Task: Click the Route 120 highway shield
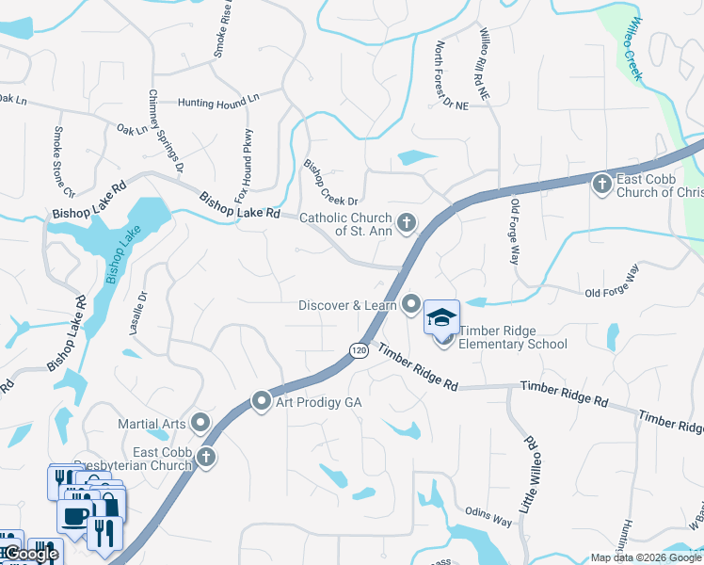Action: (x=358, y=349)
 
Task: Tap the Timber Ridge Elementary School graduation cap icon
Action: (x=441, y=318)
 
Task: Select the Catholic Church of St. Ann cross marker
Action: (x=406, y=223)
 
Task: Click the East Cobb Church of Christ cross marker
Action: (x=602, y=184)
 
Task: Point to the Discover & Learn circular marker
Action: (x=411, y=304)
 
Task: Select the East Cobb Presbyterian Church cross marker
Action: (x=205, y=458)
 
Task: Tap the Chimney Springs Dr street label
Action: (x=166, y=132)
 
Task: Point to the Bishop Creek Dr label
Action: (x=330, y=183)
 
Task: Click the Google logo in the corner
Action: (x=30, y=554)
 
